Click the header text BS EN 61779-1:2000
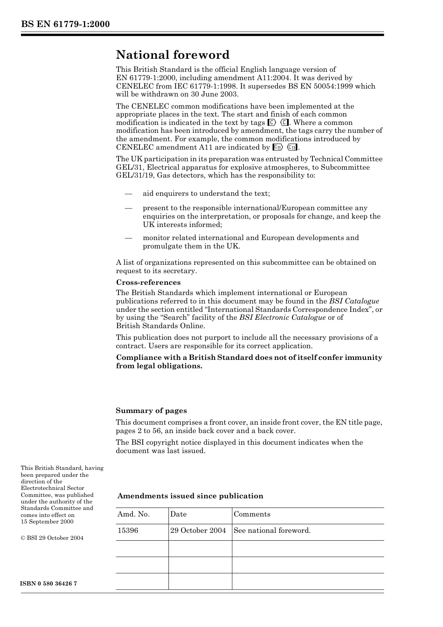pos(65,24)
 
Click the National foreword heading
pos(173,55)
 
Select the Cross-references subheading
pos(148,282)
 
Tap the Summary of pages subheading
pos(151,411)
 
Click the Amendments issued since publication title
pos(190,496)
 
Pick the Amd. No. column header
pos(133,514)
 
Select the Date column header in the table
pos(178,514)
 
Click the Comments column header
pos(252,514)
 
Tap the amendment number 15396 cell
pos(128,531)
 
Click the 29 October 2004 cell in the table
pos(198,531)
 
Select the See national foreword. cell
pos(272,531)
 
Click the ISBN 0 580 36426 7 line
pos(49,584)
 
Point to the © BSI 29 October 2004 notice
pos(52,538)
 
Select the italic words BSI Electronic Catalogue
pos(282,317)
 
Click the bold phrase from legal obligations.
pos(159,366)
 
